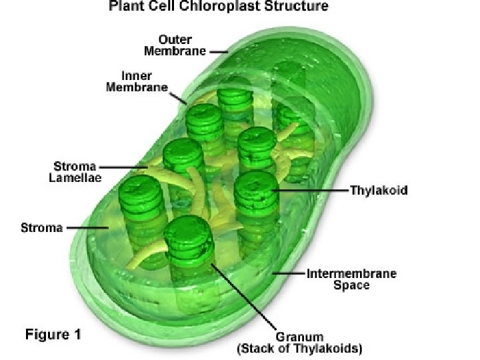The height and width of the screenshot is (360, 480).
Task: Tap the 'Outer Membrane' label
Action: pyautogui.click(x=181, y=45)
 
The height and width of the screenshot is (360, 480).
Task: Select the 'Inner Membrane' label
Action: pyautogui.click(x=136, y=82)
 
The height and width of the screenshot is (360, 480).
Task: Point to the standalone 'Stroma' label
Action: pyautogui.click(x=41, y=227)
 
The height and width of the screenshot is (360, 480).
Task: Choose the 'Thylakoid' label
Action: pyautogui.click(x=378, y=191)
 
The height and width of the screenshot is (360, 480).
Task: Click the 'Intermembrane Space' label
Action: pyautogui.click(x=351, y=279)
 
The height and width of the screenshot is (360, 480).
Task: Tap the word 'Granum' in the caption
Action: pyautogui.click(x=300, y=337)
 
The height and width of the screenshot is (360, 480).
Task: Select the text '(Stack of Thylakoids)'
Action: pyautogui.click(x=300, y=349)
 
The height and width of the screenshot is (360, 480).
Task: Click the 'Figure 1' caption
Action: pyautogui.click(x=53, y=334)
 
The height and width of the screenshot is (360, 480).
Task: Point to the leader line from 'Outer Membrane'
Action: pyautogui.click(x=218, y=51)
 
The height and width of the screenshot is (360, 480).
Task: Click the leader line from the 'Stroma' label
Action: pyautogui.click(x=87, y=227)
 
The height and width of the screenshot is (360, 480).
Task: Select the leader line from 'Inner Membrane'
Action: pyautogui.click(x=179, y=97)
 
